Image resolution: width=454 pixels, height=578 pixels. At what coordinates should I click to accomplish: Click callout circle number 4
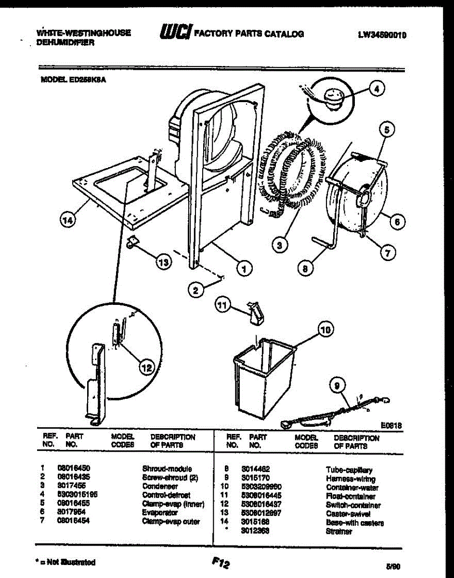377,89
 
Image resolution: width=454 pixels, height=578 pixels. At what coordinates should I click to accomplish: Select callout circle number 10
326,330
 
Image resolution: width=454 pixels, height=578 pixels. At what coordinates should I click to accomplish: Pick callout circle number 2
195,290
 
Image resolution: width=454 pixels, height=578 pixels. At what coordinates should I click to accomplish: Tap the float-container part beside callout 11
255,313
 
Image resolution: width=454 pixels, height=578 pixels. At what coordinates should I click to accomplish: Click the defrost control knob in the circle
331,98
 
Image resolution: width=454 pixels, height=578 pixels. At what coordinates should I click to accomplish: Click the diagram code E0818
391,426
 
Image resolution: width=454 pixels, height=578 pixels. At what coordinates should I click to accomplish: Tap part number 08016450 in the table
74,468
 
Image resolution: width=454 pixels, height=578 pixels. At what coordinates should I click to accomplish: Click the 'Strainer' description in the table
339,531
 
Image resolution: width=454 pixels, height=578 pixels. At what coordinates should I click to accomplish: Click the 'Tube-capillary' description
349,469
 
